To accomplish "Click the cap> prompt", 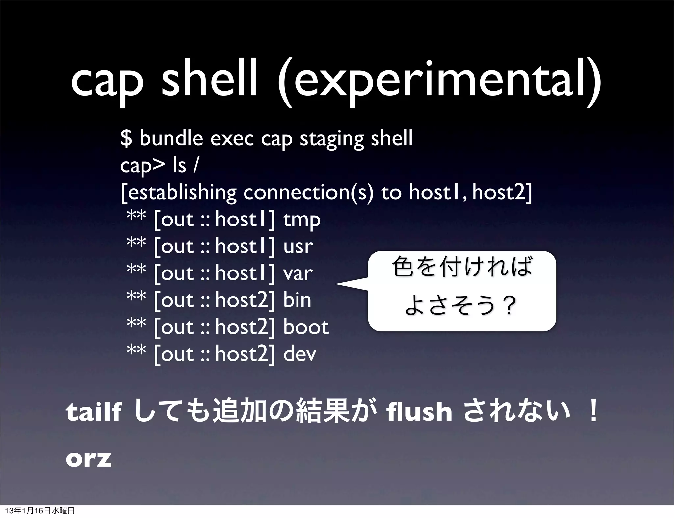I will tap(142, 166).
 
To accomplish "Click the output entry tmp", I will tap(301, 220).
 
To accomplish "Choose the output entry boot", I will tap(306, 327).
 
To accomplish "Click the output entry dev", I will tap(299, 354).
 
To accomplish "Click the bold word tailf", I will tap(94, 413).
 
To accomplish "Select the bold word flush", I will tap(420, 413).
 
